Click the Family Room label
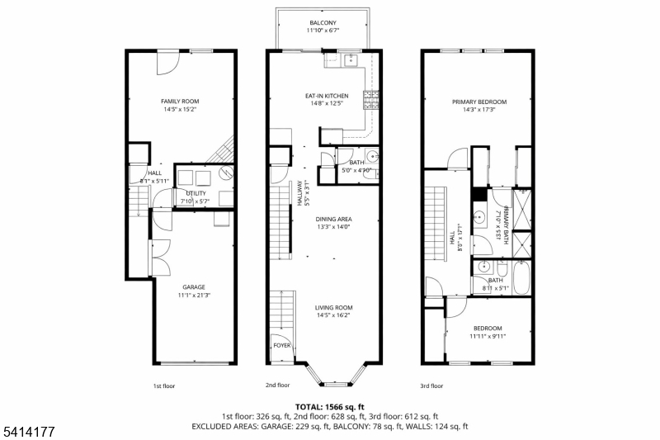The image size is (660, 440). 179,102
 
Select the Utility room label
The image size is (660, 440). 196,192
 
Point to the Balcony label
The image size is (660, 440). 323,22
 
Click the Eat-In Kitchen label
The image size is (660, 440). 327,96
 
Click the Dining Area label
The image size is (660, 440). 328,219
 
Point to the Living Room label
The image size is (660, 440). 332,307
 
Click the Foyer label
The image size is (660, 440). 281,347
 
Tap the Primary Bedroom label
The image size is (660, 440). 479,102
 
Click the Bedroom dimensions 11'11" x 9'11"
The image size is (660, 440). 488,336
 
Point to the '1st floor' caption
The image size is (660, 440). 163,386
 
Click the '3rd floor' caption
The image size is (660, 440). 431,386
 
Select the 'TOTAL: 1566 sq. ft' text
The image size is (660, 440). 329,407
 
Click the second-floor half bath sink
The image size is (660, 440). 372,156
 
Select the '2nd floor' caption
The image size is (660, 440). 277,386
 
